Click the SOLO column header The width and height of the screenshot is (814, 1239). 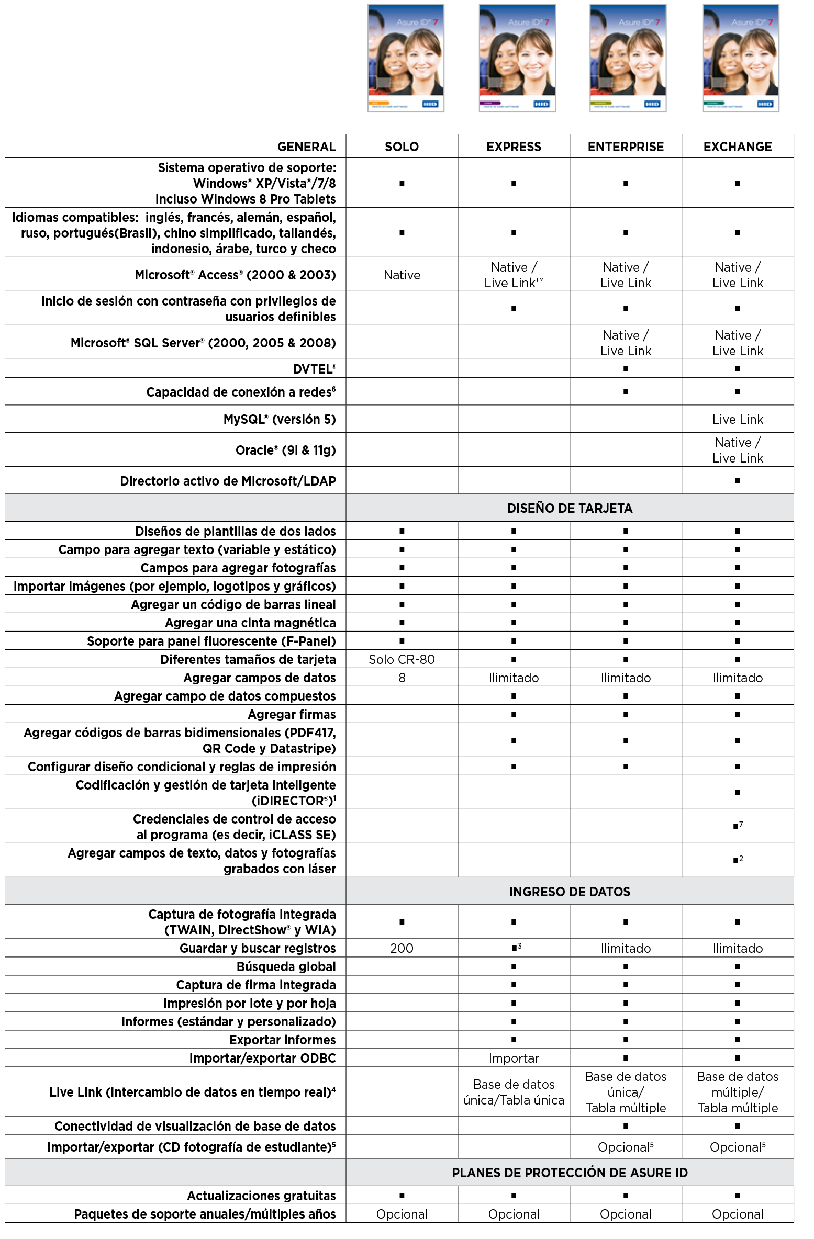pos(402,147)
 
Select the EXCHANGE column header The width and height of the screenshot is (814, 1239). pos(737,147)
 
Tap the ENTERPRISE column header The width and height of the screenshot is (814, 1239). pos(626,147)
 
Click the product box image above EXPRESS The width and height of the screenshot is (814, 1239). pos(517,59)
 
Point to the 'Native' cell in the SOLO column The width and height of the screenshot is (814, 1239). pos(402,275)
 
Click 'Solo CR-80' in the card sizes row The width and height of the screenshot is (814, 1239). pos(402,659)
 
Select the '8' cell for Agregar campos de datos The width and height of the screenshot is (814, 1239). pos(402,678)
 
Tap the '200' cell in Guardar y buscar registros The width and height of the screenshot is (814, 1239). pos(402,948)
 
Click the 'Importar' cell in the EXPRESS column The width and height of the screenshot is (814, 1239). pos(514,1058)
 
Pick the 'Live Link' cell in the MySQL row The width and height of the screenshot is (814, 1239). pos(737,419)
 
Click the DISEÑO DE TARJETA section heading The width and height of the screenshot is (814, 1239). pos(570,508)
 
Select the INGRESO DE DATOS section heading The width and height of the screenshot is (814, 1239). pos(570,892)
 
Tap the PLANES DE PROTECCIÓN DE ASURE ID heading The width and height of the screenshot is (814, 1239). pos(570,1173)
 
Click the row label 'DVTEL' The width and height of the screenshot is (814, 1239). pos(314,369)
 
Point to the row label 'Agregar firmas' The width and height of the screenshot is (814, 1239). pos(292,714)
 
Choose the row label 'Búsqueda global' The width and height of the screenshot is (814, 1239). pos(286,966)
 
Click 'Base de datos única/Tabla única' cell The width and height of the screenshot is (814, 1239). pos(514,1092)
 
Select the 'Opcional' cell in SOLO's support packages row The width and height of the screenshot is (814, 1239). pos(402,1214)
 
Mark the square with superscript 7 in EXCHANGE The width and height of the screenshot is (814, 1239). pos(737,827)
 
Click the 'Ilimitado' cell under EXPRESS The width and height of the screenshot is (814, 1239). pos(514,678)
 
